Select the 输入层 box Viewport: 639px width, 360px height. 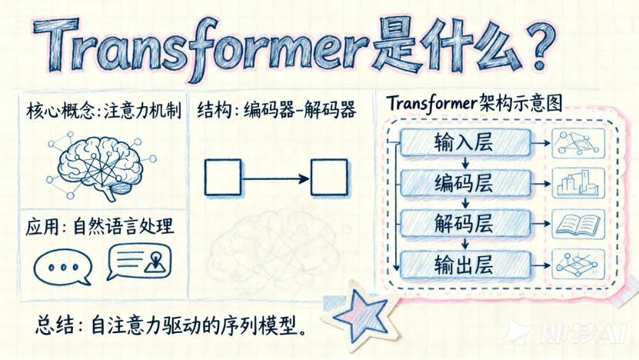point(466,143)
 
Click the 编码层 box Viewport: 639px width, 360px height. point(466,184)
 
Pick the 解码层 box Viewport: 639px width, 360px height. point(466,224)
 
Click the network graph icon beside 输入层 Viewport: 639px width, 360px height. point(579,143)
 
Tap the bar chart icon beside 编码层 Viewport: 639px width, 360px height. point(579,184)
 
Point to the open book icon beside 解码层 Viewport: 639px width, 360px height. point(579,224)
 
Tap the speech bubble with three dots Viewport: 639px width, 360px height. point(62,266)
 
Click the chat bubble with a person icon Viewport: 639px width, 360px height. point(141,262)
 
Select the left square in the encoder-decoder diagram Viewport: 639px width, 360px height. point(223,178)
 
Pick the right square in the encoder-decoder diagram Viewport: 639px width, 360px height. point(329,178)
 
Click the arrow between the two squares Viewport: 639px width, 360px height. point(276,178)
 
